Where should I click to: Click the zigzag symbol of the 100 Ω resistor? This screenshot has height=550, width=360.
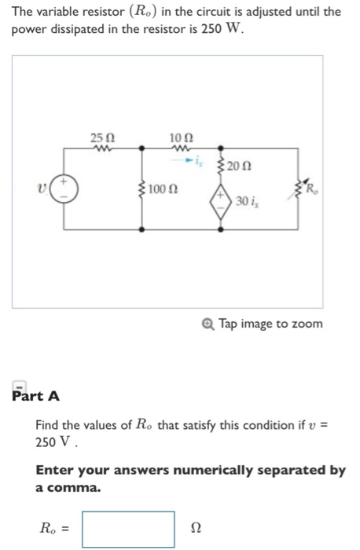[141, 189]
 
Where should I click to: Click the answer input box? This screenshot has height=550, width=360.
[129, 529]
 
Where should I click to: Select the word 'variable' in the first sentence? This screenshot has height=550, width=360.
[58, 12]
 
